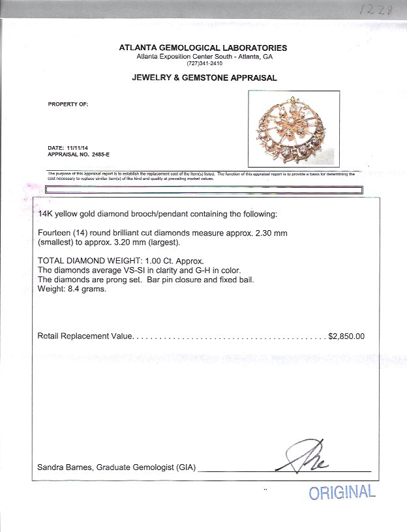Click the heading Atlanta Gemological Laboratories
point(203,48)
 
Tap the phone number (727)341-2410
point(203,63)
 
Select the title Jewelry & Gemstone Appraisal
point(203,78)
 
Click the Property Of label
point(68,104)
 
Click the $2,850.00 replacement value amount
point(346,336)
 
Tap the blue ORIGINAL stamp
point(342,492)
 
